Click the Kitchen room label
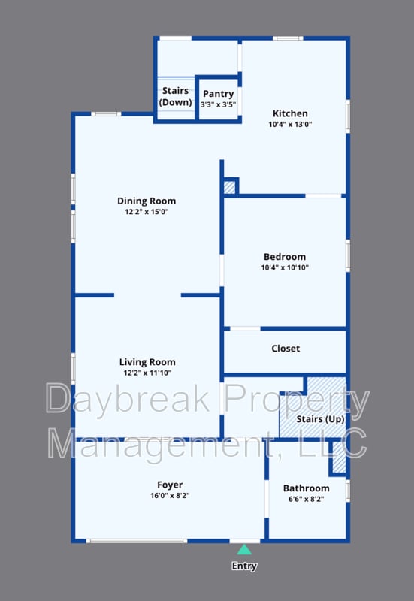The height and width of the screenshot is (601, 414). tap(289, 113)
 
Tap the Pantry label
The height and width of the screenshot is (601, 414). tap(219, 93)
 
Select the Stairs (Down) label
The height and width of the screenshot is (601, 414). tap(175, 96)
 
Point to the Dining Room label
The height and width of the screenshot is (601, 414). tap(147, 201)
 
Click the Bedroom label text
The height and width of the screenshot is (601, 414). tap(285, 256)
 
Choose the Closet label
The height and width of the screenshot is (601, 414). tap(286, 349)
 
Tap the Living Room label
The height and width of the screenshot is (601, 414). tap(147, 362)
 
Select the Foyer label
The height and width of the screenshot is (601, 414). tap(170, 485)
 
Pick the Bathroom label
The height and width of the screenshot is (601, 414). tap(307, 488)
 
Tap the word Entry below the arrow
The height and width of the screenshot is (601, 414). tap(245, 566)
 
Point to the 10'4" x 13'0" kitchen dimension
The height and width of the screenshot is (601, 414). tap(289, 125)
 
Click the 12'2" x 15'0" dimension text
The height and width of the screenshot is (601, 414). tap(147, 212)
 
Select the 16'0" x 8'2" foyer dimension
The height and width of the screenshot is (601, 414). tap(170, 496)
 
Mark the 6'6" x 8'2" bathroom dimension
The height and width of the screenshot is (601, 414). tap(307, 499)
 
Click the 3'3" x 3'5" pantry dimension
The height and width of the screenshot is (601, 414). tap(219, 104)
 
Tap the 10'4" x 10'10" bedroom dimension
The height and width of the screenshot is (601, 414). tap(285, 267)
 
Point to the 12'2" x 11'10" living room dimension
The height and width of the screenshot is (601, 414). tap(147, 373)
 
